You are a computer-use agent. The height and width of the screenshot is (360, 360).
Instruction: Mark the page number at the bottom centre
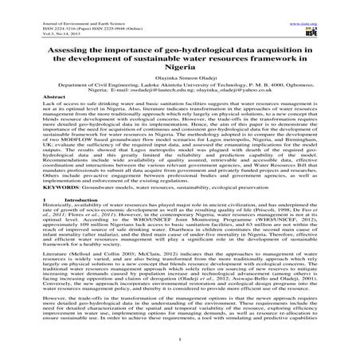(179, 354)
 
